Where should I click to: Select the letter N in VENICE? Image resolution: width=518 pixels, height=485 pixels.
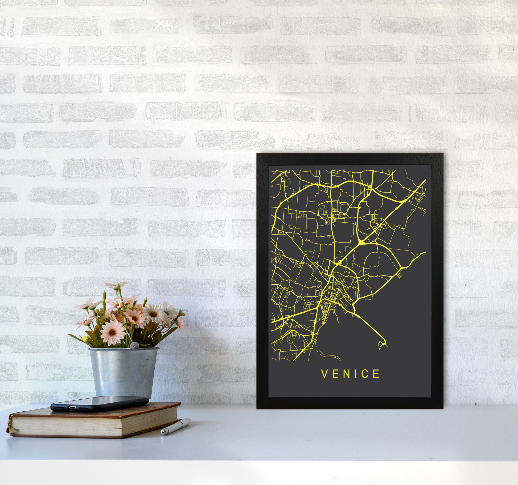(346, 374)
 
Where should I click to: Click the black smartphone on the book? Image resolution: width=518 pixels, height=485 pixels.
(100, 403)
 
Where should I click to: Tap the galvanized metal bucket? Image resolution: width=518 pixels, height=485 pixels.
(124, 372)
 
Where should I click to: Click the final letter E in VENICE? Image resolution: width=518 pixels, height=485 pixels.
(376, 374)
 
